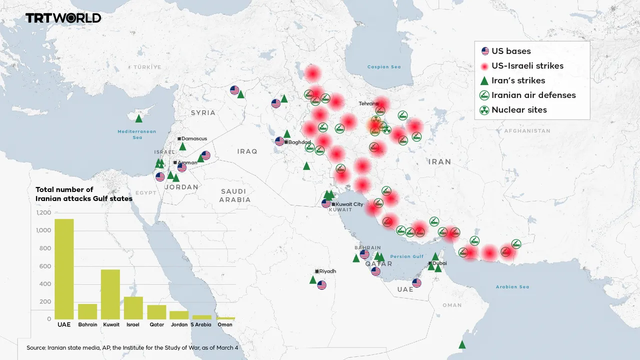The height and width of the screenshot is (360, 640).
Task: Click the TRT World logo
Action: (x=63, y=18)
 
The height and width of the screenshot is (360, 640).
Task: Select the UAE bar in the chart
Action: (x=64, y=269)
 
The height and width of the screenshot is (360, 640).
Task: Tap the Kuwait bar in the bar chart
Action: (x=110, y=294)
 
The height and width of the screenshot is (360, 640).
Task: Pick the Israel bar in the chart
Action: (x=133, y=307)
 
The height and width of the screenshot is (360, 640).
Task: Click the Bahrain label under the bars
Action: (x=87, y=324)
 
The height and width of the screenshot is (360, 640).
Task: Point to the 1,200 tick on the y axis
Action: (x=43, y=213)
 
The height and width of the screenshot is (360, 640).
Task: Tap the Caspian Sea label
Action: (x=384, y=67)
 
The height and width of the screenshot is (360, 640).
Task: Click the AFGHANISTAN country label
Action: (x=527, y=131)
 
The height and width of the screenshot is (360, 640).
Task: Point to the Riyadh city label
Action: (x=327, y=271)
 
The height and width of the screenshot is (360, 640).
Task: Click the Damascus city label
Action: (x=194, y=138)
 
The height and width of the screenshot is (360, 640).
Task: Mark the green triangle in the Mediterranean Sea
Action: (x=139, y=118)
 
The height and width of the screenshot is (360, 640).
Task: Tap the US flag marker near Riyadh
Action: (x=322, y=285)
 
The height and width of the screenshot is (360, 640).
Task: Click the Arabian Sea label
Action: (x=512, y=287)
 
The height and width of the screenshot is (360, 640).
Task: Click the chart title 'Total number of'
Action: (x=64, y=189)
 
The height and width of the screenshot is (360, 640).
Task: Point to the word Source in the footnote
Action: (x=36, y=347)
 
